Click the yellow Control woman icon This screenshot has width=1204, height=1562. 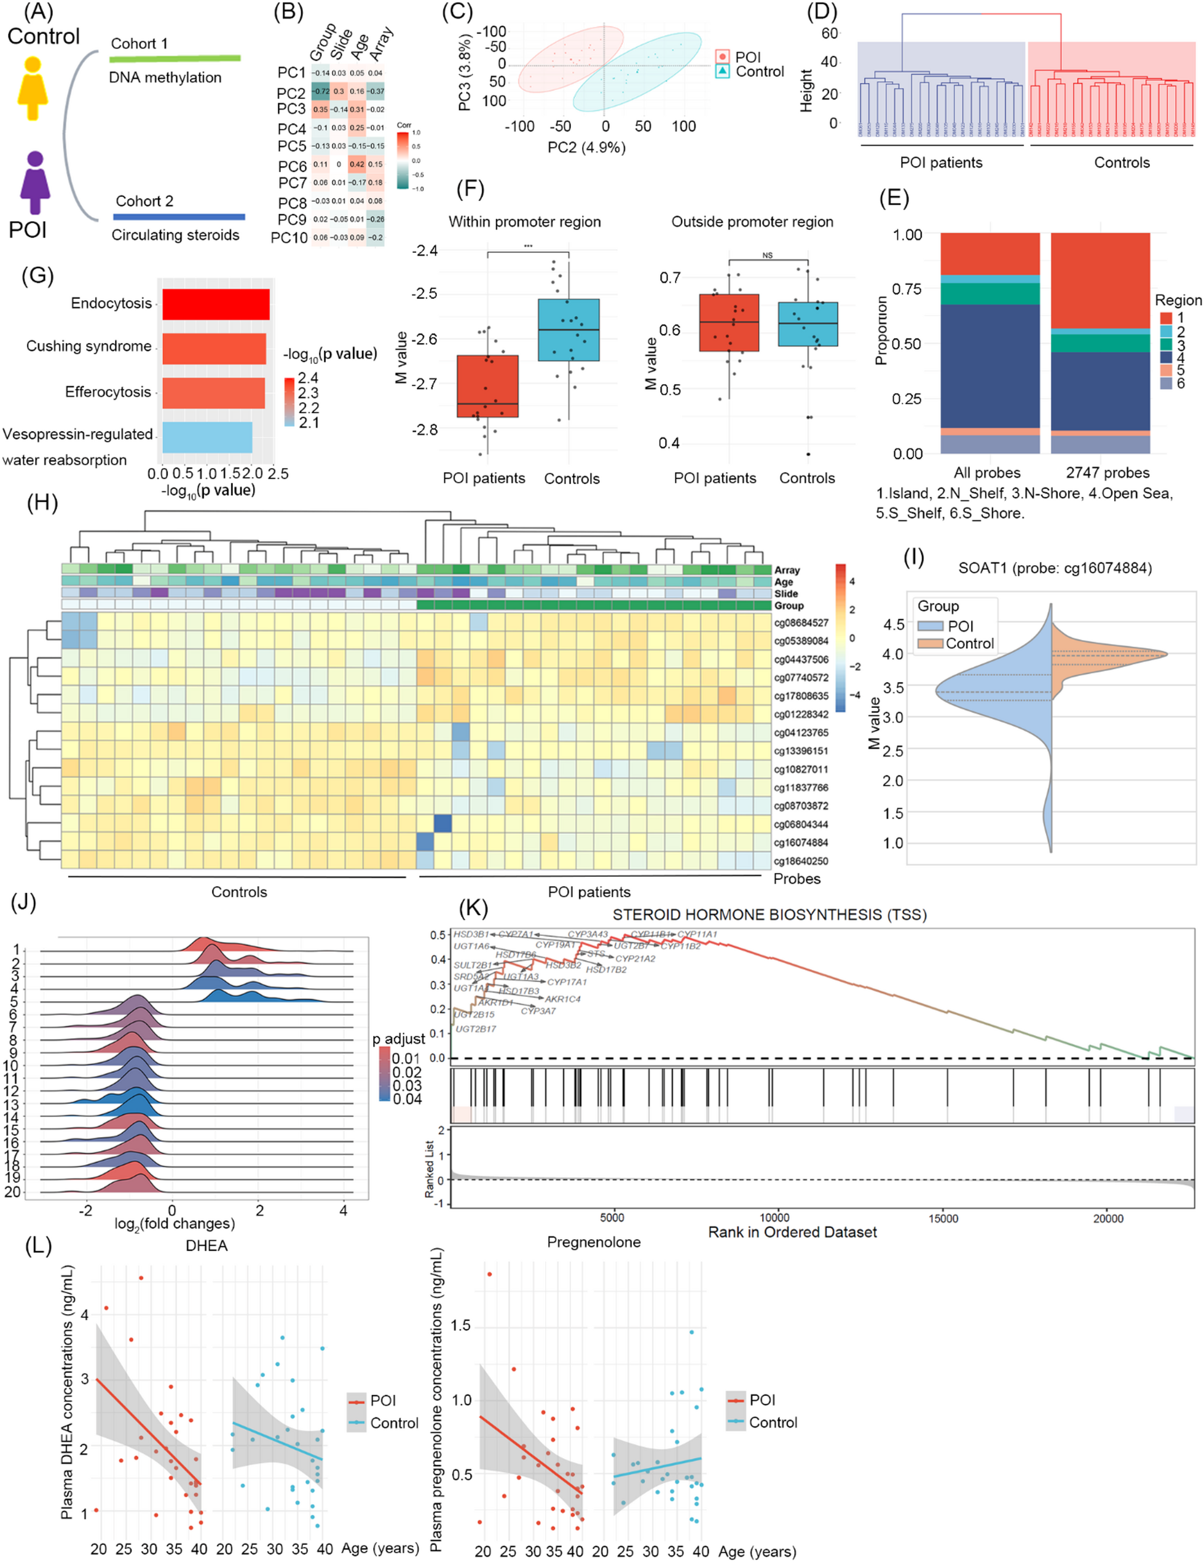pyautogui.click(x=33, y=87)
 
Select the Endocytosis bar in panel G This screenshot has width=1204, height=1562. pyautogui.click(x=215, y=304)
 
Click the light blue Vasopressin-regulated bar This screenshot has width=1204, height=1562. pyautogui.click(x=207, y=437)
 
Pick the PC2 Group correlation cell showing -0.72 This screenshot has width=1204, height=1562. pyautogui.click(x=320, y=92)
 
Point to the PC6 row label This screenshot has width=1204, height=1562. pyautogui.click(x=292, y=166)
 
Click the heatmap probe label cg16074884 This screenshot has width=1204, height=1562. pyautogui.click(x=801, y=842)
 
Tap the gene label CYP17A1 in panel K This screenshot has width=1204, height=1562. pyautogui.click(x=566, y=982)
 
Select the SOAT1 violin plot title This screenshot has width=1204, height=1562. pyautogui.click(x=1055, y=569)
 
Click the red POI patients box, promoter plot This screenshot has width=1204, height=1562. pyautogui.click(x=487, y=386)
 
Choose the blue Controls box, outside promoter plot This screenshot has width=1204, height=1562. pyautogui.click(x=807, y=324)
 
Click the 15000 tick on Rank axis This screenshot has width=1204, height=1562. pyautogui.click(x=942, y=1218)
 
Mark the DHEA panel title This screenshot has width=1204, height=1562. pyautogui.click(x=206, y=1246)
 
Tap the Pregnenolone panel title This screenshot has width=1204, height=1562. pyautogui.click(x=594, y=1242)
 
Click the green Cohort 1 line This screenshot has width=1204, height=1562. pyautogui.click(x=176, y=58)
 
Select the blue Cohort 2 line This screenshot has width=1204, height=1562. pyautogui.click(x=179, y=216)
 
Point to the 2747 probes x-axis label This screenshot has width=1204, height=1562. pyautogui.click(x=1108, y=473)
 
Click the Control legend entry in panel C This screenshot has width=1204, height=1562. pyautogui.click(x=759, y=71)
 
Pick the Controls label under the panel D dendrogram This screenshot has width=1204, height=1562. pyautogui.click(x=1121, y=162)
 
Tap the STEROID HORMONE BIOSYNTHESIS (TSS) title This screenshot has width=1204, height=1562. pyautogui.click(x=769, y=914)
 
